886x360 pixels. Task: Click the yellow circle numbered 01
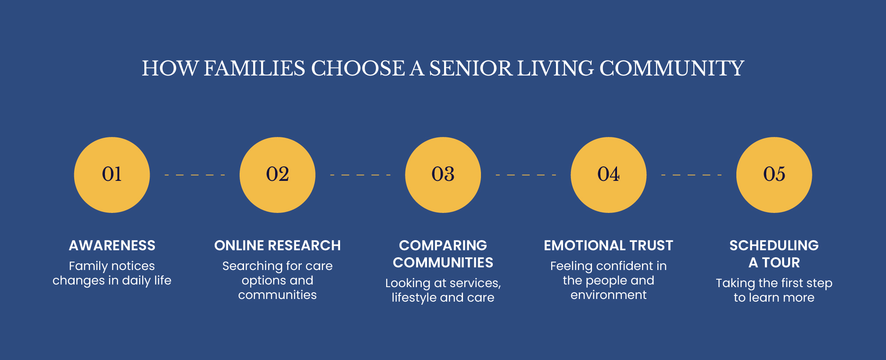coord(112,175)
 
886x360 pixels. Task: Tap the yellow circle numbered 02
coord(277,175)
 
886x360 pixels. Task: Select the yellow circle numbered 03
coord(443,175)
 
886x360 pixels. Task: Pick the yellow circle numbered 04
coord(609,175)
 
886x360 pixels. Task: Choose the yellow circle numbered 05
coord(774,175)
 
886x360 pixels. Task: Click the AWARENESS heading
coord(112,245)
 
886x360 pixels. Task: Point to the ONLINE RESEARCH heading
coord(277,245)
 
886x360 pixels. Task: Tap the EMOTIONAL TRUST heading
coord(609,245)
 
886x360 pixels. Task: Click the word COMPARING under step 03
coord(443,245)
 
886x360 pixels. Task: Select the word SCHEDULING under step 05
coord(774,245)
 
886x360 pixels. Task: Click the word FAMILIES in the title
coord(255,68)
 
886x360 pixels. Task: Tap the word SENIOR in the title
coord(471,68)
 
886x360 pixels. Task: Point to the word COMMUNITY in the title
coord(672,68)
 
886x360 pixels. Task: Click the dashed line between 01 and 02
coord(195,175)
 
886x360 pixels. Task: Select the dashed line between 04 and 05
coord(692,175)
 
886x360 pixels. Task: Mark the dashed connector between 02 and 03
coord(360,175)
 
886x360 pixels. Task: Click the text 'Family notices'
coord(112,266)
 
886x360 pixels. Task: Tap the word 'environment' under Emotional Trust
coord(609,295)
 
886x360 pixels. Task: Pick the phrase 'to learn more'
coord(774,298)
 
